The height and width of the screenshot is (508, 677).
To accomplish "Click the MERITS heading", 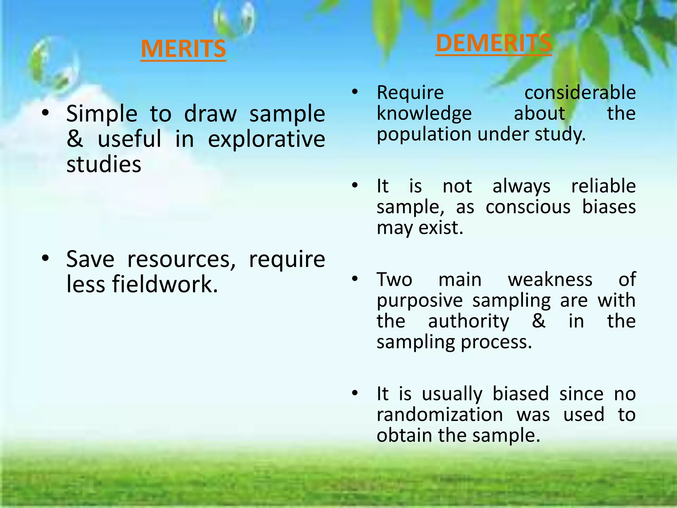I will tap(183, 49).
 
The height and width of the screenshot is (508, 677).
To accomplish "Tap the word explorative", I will tap(266, 139).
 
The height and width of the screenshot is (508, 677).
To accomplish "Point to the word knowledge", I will tap(424, 114).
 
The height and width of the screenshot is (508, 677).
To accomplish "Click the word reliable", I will tap(603, 186).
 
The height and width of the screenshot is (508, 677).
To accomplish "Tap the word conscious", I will tap(528, 207).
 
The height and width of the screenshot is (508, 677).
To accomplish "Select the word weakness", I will tap(550, 279).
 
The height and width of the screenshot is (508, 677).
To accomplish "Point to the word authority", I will tap(468, 321).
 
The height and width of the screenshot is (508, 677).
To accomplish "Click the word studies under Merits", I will tap(104, 164).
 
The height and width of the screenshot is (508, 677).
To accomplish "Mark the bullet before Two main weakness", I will tap(355, 279).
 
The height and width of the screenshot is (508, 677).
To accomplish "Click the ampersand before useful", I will tap(75, 139).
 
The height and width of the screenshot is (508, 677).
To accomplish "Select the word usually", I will tap(452, 394).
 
